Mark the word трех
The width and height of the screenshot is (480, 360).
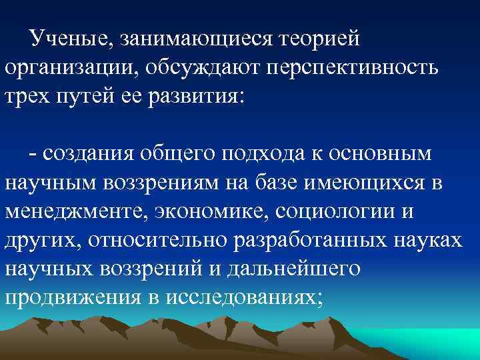tap(29, 97)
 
